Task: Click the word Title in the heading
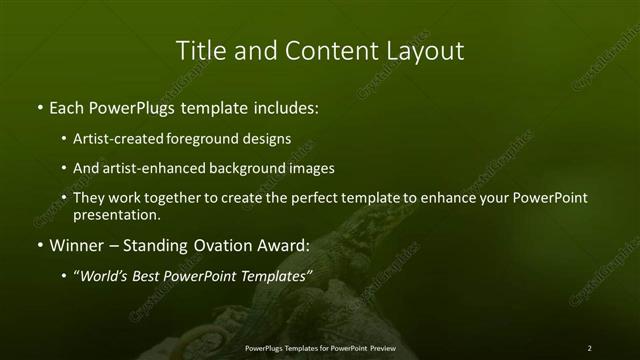tap(198, 50)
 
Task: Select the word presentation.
tap(116, 214)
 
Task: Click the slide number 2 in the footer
tap(590, 348)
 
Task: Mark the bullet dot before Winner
tap(39, 245)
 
